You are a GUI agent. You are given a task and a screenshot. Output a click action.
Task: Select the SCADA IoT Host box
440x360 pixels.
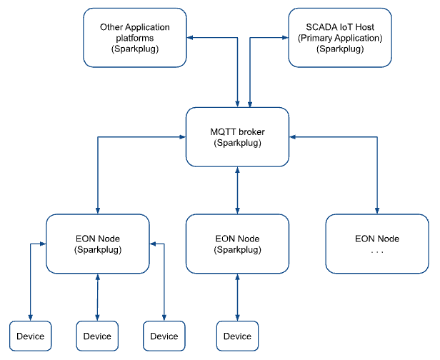click(x=339, y=38)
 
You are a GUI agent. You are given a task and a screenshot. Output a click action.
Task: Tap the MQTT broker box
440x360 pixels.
click(x=238, y=136)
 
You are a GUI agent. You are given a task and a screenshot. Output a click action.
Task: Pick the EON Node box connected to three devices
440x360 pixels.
click(x=98, y=244)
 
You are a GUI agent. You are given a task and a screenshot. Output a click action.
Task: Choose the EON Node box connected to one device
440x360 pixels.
click(x=238, y=244)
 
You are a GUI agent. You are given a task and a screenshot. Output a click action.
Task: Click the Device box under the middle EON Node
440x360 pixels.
click(x=238, y=336)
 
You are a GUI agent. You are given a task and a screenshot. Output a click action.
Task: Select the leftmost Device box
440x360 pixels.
click(x=30, y=336)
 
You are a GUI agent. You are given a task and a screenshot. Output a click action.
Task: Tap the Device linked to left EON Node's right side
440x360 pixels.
click(x=164, y=336)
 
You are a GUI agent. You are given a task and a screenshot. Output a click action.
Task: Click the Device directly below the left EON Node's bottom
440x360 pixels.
click(x=97, y=336)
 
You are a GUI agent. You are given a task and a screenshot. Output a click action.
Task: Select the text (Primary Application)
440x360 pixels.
click(x=339, y=38)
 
